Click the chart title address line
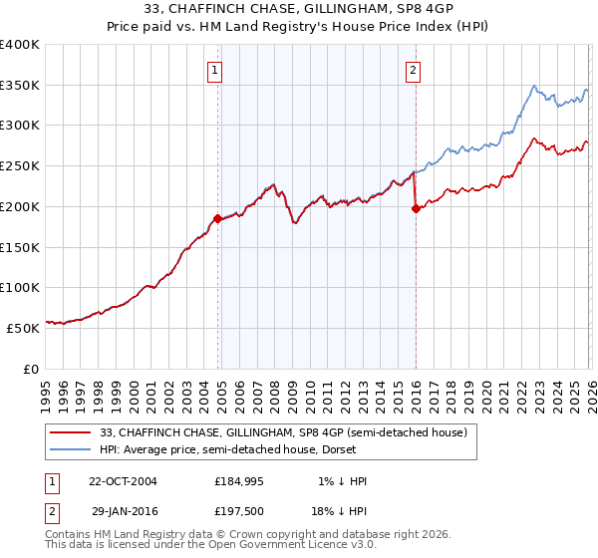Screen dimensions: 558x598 298,9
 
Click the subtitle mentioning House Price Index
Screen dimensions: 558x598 298,26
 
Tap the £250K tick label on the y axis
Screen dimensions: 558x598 20,166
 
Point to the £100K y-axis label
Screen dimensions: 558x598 20,287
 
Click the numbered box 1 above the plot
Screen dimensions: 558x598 215,70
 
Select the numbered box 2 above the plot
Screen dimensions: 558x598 413,70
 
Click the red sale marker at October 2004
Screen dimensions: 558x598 217,217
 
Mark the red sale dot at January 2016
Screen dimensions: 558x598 416,208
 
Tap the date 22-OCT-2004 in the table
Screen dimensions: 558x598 123,481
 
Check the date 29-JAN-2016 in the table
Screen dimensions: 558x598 123,510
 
